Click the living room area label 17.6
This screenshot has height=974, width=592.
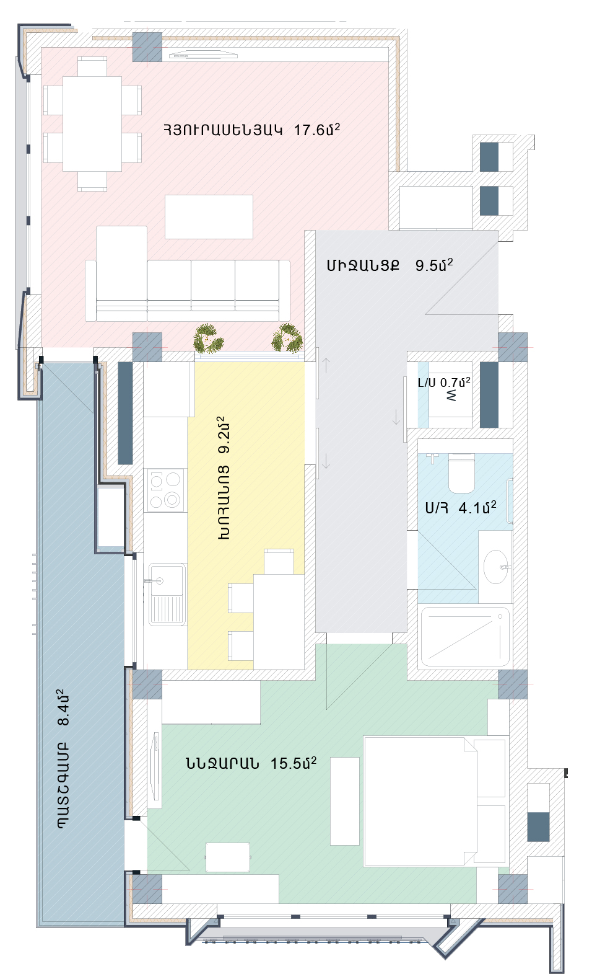click(316, 129)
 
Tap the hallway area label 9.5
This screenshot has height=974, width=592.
click(434, 264)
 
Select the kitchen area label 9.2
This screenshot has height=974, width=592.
click(224, 435)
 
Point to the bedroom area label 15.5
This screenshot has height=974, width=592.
click(293, 763)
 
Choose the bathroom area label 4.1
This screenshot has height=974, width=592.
click(477, 507)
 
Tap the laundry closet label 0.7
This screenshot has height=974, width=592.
click(455, 382)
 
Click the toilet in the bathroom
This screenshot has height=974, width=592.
click(461, 472)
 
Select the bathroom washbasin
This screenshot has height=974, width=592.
click(495, 567)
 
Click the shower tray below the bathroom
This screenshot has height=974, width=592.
click(465, 636)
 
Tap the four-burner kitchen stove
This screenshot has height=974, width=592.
click(165, 490)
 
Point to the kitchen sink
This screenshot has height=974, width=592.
click(167, 595)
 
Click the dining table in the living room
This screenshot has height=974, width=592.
click(92, 123)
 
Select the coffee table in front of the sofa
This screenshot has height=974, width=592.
click(209, 216)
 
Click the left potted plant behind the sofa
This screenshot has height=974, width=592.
click(208, 338)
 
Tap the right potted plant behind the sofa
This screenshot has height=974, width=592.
click(287, 338)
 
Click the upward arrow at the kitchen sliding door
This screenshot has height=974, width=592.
click(326, 365)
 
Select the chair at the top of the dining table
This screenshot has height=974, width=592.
click(92, 66)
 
